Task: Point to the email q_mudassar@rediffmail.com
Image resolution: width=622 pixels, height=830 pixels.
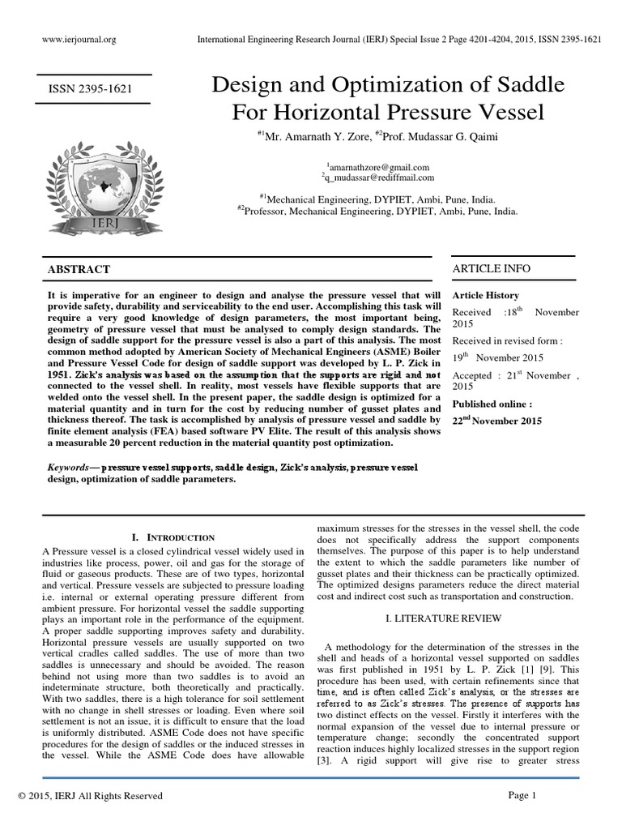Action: [x=377, y=178]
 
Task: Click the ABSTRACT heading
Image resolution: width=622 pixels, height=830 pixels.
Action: [x=79, y=269]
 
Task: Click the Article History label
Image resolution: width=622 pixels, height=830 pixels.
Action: [x=485, y=296]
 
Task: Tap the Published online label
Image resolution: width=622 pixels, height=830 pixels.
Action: [x=492, y=404]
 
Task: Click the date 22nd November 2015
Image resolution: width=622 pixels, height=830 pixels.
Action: [x=496, y=421]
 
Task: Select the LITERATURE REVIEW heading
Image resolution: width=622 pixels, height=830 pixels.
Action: [x=447, y=618]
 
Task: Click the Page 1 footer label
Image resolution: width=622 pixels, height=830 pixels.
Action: [x=522, y=795]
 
